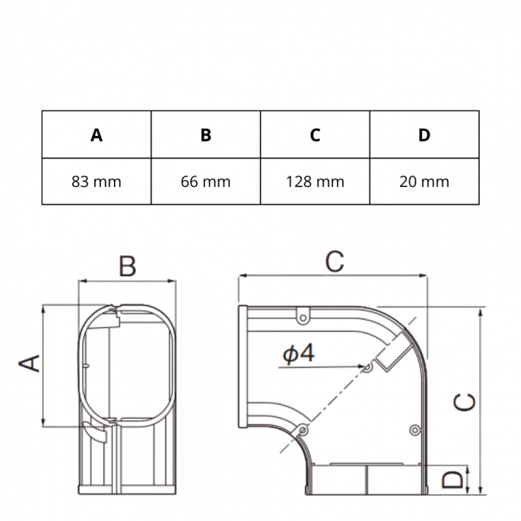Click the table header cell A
[x=97, y=135]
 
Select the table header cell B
[x=205, y=135]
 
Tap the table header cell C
[x=315, y=135]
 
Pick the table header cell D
[x=424, y=135]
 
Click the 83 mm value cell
[x=97, y=182]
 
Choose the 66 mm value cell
[x=205, y=182]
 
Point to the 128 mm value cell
[x=315, y=182]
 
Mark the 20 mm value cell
[x=424, y=182]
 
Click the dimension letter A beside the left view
[x=29, y=363]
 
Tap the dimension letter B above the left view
[x=128, y=266]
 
